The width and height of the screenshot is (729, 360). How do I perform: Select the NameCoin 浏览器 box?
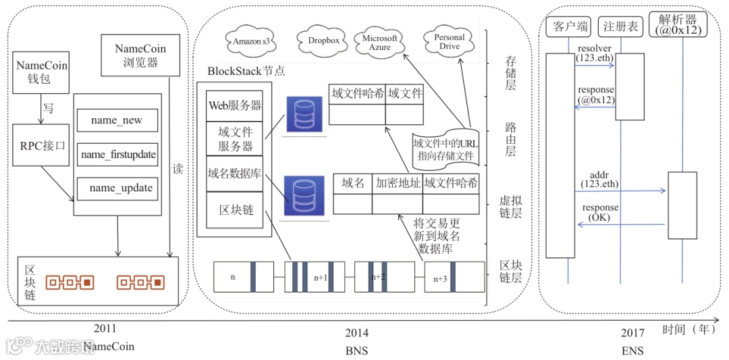click(x=140, y=56)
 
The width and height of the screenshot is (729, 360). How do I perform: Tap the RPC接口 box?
click(x=41, y=144)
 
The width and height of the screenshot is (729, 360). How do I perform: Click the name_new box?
click(x=117, y=120)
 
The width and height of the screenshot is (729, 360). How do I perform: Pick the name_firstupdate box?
click(x=117, y=155)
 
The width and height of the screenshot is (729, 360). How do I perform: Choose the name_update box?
click(x=117, y=188)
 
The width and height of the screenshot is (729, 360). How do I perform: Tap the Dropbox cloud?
click(x=323, y=41)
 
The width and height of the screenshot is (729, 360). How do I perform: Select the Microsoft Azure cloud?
click(x=380, y=43)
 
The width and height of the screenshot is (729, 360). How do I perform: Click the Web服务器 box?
click(x=234, y=105)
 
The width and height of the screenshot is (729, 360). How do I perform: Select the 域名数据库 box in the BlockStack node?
click(x=234, y=173)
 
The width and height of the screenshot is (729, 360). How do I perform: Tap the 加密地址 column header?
click(x=398, y=183)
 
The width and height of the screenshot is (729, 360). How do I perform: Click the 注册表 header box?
click(x=620, y=27)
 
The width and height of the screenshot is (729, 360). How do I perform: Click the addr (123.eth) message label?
click(x=599, y=179)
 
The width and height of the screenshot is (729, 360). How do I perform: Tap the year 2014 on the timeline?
click(x=356, y=332)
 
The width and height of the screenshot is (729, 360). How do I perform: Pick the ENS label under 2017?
click(x=632, y=351)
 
